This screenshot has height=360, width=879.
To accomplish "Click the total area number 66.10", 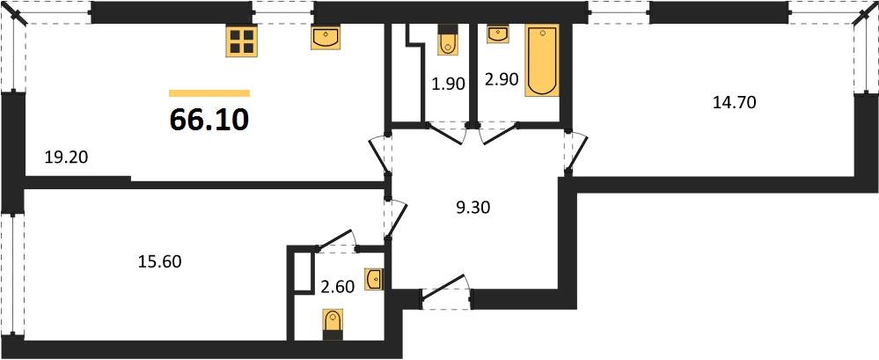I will pos(209,120).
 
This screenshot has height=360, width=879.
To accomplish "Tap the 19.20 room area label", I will pos(66,158).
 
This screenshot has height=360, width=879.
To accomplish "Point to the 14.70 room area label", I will pos(734,102).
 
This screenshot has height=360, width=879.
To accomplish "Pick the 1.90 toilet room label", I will pos(447,85).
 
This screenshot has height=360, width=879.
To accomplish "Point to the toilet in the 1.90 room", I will pos(447,40).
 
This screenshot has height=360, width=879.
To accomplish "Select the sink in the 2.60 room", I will pos(374,279).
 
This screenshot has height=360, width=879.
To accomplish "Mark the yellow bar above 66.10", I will pos(209,92).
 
